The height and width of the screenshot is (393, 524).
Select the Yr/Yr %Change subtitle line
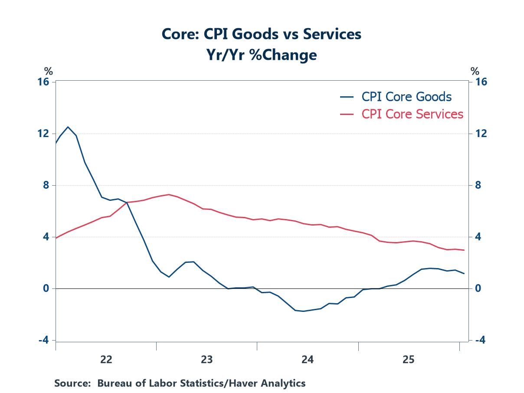261,55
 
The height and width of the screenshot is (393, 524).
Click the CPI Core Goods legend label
406,97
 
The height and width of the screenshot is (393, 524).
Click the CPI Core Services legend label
413,114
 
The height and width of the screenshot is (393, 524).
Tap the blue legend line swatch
347,97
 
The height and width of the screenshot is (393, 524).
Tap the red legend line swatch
347,114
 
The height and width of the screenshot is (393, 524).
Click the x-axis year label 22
106,360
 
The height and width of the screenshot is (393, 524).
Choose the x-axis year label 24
308,360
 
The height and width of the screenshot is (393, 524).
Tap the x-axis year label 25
409,360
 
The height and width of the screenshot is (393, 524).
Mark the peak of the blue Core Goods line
68,127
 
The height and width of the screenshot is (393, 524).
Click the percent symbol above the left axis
48,72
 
